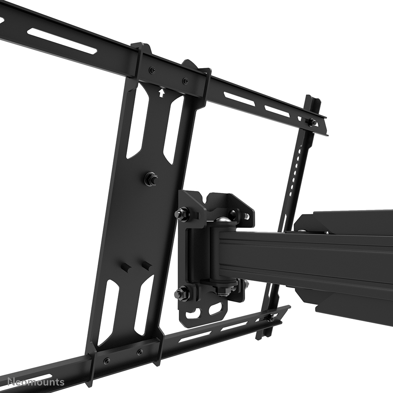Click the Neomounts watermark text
pos(33,382)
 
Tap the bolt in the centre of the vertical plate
pos(150,179)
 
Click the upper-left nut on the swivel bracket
pos(181,214)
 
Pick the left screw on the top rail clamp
pos(152,70)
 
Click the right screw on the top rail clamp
pos(185,81)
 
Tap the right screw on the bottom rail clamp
pos(140,352)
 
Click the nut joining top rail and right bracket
pos(312,122)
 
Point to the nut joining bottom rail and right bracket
pos(270,317)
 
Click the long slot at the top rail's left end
pos(63,41)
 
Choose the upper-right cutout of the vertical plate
pos(174,129)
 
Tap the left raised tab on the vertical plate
pos(126,269)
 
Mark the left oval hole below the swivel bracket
pos(195,313)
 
